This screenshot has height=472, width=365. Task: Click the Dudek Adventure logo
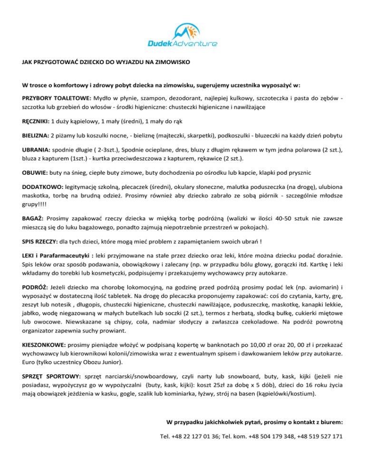[182, 36]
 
